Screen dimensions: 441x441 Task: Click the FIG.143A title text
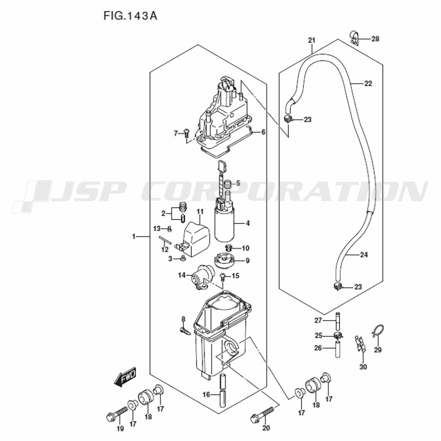tap(130, 16)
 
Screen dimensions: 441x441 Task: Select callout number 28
tap(375, 39)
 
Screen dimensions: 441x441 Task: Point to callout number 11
tap(199, 212)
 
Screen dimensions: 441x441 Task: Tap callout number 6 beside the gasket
tap(263, 132)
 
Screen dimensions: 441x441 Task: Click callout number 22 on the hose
tap(368, 83)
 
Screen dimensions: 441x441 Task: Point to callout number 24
tap(364, 254)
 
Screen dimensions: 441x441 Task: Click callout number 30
tap(363, 367)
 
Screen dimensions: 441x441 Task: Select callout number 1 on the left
tap(133, 237)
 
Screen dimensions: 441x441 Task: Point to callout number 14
tap(182, 276)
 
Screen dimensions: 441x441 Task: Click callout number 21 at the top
tap(312, 41)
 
